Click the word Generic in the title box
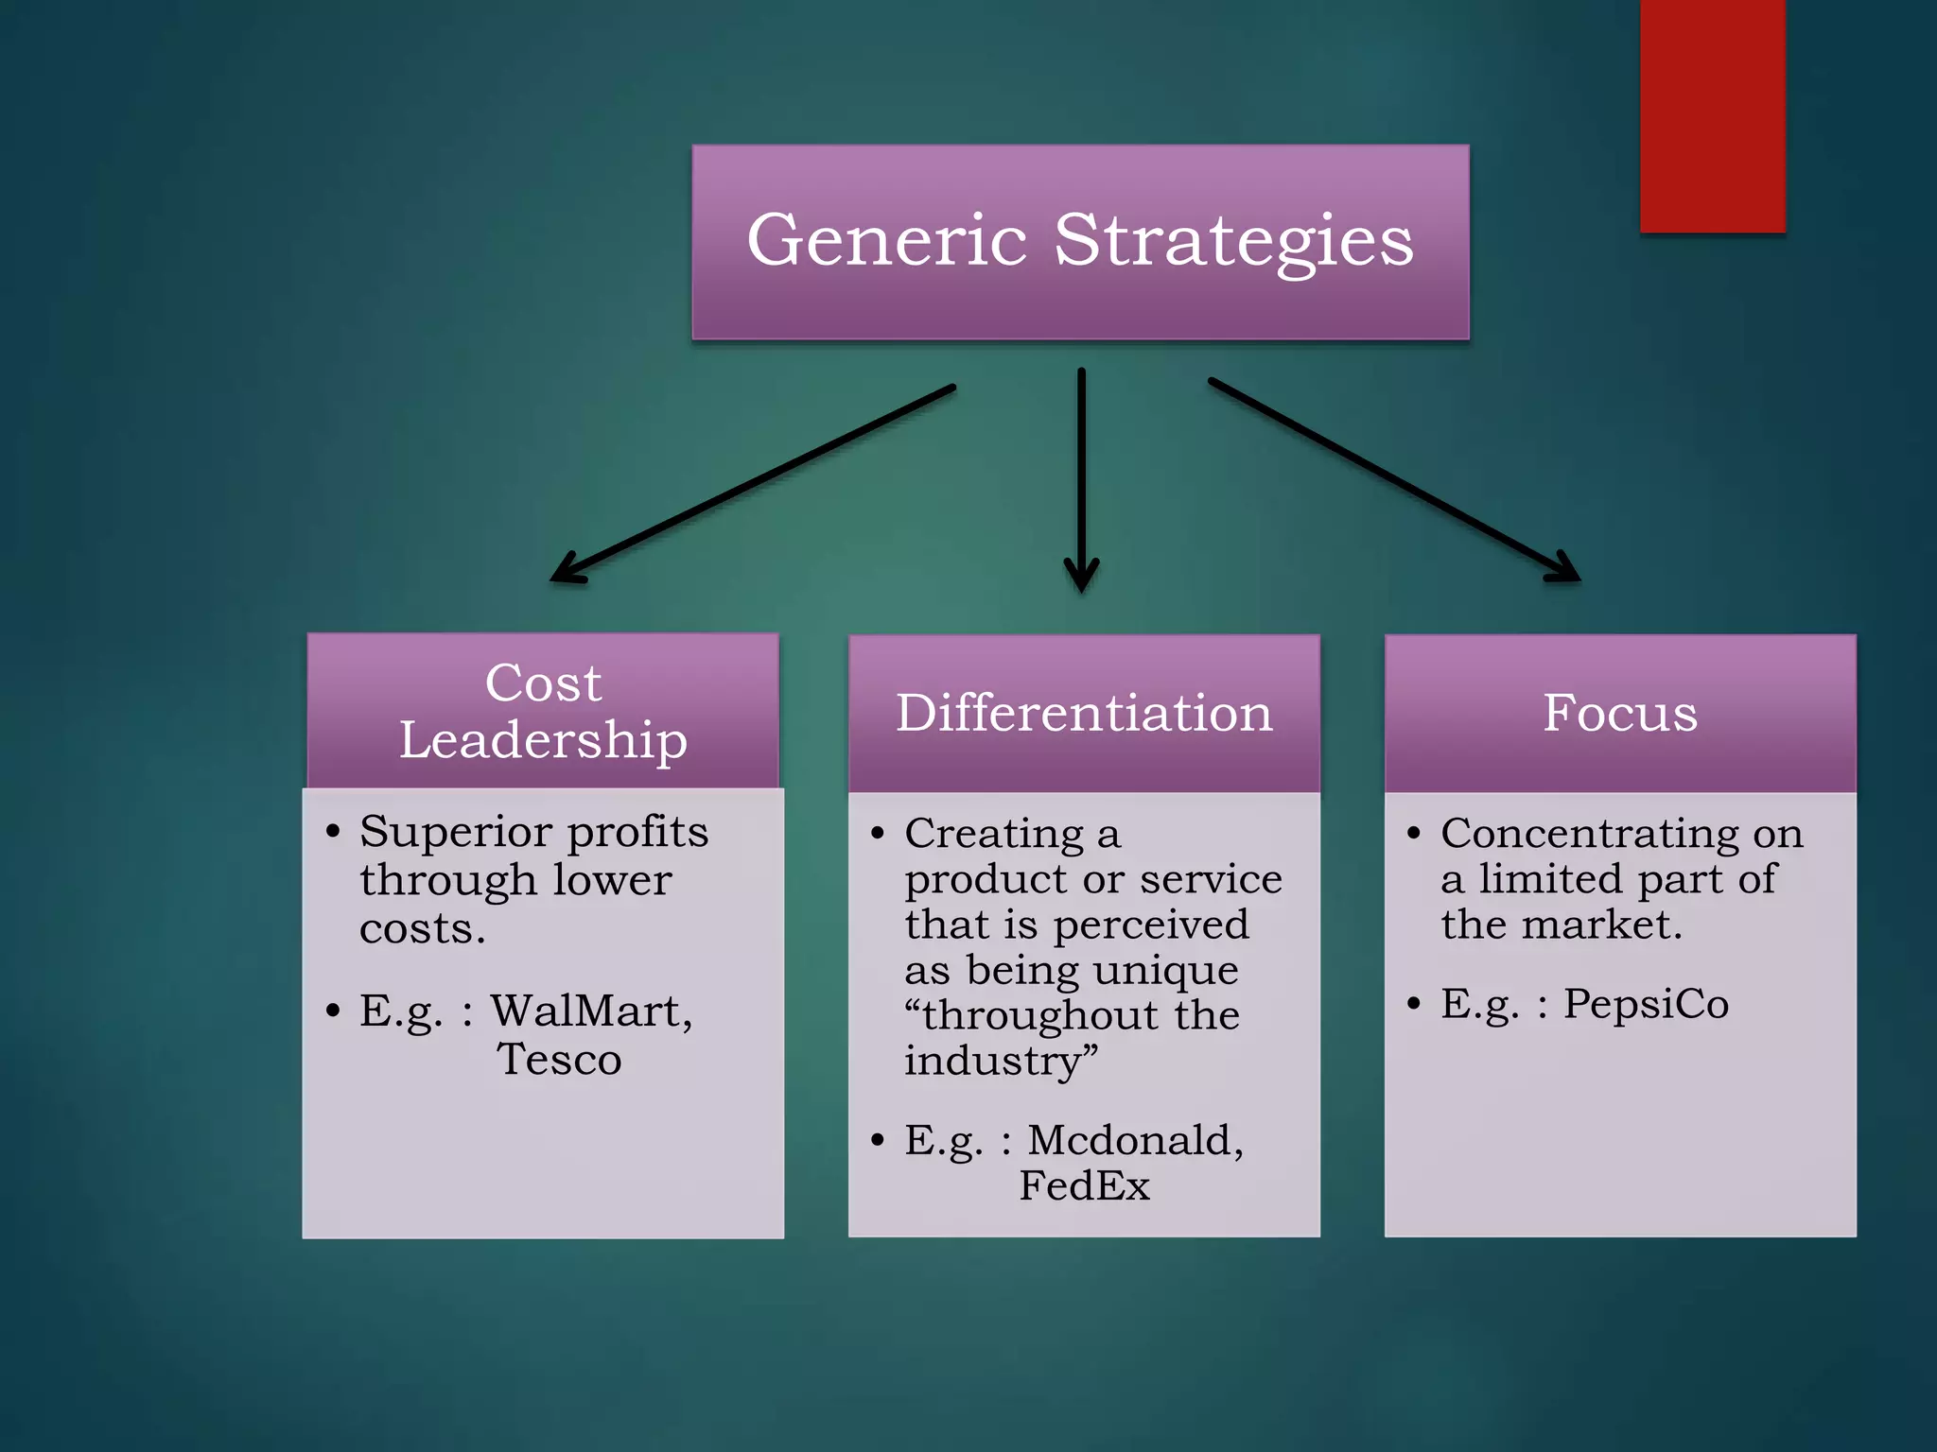(x=886, y=240)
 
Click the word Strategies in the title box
(x=1233, y=242)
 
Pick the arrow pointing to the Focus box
(x=1394, y=479)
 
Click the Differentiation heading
(x=1084, y=713)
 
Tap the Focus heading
(x=1620, y=713)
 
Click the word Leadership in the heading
(x=543, y=740)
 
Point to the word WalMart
(x=591, y=1011)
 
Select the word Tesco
(x=559, y=1060)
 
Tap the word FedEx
(x=1084, y=1186)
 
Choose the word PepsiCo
(x=1646, y=1004)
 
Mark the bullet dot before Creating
(x=878, y=834)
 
